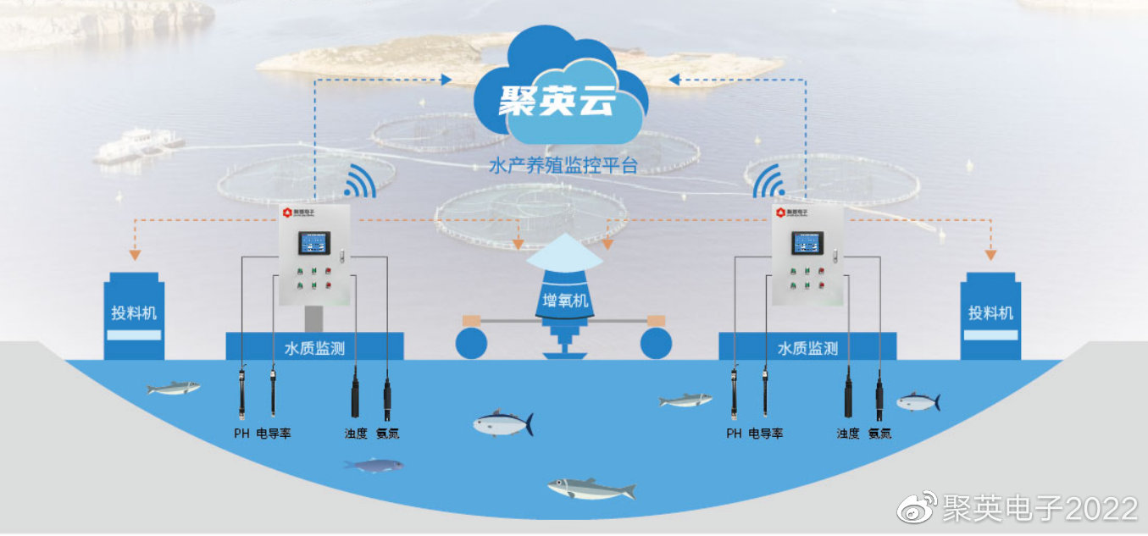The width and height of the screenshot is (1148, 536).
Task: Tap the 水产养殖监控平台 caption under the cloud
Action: click(x=562, y=165)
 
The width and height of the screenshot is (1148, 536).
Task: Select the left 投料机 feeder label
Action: click(x=134, y=312)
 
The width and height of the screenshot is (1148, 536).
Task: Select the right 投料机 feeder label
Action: click(x=990, y=312)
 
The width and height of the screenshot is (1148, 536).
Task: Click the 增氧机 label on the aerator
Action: click(x=565, y=300)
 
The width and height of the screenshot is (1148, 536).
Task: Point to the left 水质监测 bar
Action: click(x=314, y=347)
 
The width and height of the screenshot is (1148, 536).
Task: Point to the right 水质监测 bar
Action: click(x=807, y=347)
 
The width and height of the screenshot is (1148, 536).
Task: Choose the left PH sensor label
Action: click(x=242, y=434)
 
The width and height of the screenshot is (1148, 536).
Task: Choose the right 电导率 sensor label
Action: click(x=766, y=434)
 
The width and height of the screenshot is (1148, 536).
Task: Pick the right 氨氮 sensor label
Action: click(x=879, y=434)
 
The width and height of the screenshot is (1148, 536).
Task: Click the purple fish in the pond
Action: click(x=373, y=465)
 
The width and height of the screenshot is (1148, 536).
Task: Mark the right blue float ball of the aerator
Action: click(x=657, y=343)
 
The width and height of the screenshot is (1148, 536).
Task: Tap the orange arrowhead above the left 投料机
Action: click(x=134, y=255)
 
